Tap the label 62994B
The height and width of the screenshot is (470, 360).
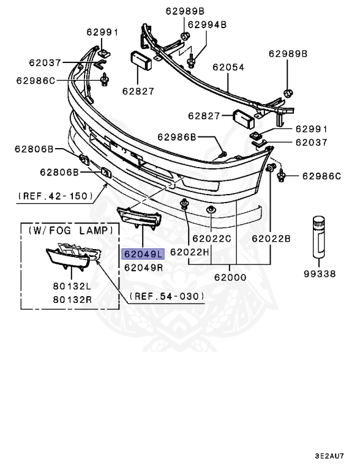pos(207,24)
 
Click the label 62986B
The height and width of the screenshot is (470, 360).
pos(178,137)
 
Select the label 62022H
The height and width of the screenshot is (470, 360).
pos(189,251)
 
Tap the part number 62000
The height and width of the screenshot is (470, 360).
pos(231,277)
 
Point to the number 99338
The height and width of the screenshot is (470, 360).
pos(320,274)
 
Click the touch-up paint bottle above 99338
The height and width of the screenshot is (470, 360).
pos(320,237)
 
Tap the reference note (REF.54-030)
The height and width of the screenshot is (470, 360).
pos(167,296)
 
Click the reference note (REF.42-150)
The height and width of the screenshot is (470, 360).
pos(55,196)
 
